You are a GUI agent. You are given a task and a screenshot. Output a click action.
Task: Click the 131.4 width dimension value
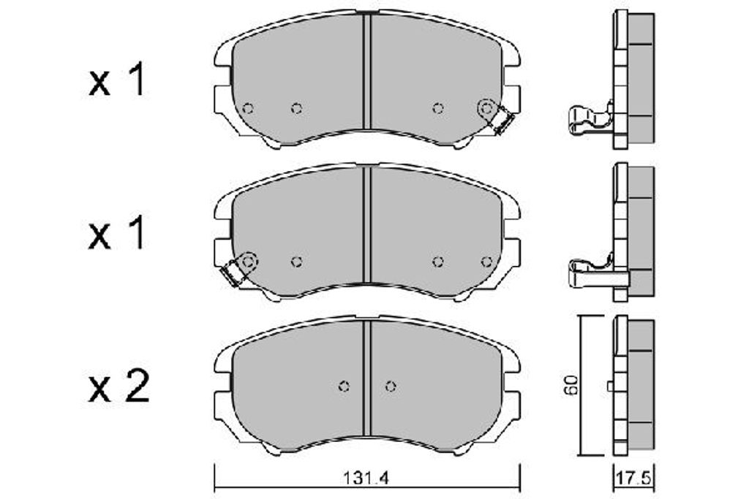point(366,478)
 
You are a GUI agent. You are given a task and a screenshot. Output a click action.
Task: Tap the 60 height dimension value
point(572,385)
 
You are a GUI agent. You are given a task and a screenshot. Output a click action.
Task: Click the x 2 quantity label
point(119,387)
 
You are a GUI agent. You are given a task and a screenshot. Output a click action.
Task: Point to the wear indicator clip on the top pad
point(503,121)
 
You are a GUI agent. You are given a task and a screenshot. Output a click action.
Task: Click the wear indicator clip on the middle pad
point(231,274)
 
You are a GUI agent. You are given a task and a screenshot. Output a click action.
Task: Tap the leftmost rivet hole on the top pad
point(247,108)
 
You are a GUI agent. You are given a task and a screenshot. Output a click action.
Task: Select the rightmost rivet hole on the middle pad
point(486,262)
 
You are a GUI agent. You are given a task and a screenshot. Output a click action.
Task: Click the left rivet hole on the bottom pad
point(344,386)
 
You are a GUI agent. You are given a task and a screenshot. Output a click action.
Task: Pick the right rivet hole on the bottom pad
point(391,386)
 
